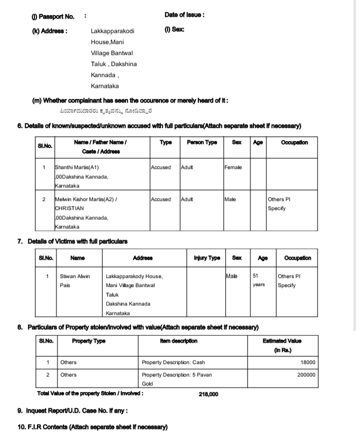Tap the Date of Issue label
point(184,15)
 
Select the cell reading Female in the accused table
point(233,167)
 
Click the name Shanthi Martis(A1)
point(76,167)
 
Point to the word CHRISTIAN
point(69,208)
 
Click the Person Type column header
point(201,142)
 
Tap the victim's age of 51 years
point(258,280)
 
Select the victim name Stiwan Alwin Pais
point(74,280)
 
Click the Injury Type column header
point(206,258)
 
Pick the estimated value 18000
point(307,362)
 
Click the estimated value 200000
point(305,374)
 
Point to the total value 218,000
point(208,394)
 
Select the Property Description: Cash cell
point(173,362)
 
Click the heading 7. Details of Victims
point(72,241)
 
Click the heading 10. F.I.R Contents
point(92,427)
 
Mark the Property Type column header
point(88,341)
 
